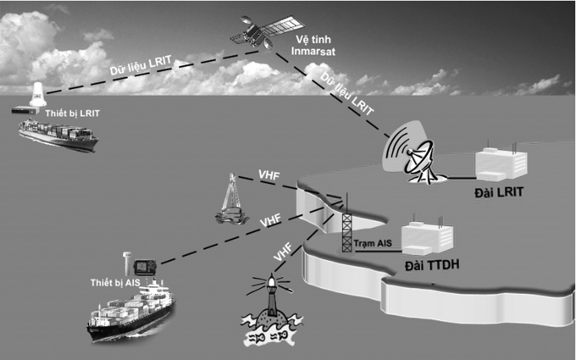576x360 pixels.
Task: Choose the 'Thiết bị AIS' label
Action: click(x=118, y=281)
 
